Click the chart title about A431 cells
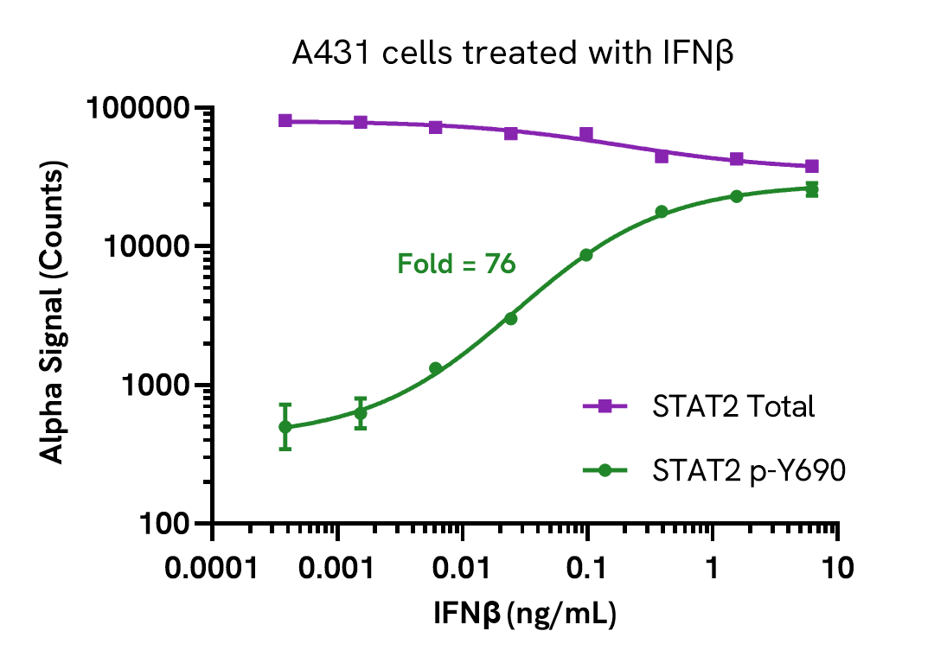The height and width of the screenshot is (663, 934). [x=512, y=54]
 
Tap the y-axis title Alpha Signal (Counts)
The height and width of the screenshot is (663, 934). [x=54, y=316]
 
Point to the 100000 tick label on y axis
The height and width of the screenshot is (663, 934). [x=138, y=109]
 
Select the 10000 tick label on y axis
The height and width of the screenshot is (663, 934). [x=146, y=247]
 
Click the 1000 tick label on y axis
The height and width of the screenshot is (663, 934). [x=154, y=386]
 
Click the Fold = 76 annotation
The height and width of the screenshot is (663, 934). [x=457, y=264]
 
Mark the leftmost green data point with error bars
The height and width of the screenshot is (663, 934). [x=285, y=427]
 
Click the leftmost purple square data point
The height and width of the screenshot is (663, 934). [x=285, y=121]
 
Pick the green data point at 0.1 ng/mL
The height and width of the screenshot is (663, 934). [x=586, y=255]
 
